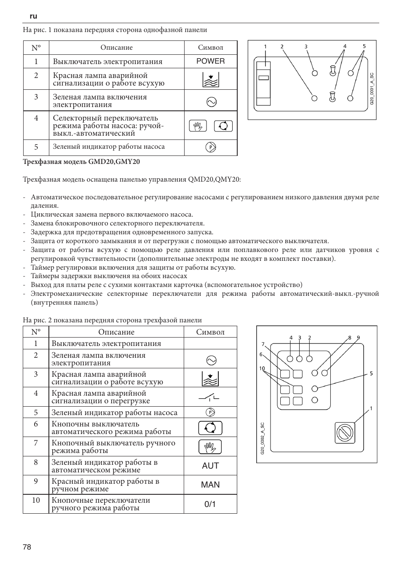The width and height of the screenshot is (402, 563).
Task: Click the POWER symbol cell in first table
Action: pos(210,61)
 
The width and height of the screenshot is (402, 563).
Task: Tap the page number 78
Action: pos(27,547)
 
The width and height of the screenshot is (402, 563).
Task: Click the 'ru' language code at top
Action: pos(34,16)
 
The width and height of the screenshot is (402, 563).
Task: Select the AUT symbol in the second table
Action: pos(210,466)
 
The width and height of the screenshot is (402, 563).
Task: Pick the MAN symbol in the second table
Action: pos(210,485)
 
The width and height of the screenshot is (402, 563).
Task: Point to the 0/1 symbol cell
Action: pos(210,504)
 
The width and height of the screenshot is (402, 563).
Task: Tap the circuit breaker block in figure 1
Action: pos(264,83)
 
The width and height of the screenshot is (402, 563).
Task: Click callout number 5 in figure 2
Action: pos(371,373)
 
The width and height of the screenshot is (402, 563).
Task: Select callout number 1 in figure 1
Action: pos(265,46)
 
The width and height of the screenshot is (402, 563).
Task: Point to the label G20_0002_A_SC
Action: pos(262,438)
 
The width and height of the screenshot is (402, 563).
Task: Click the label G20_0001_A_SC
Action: pos(372,89)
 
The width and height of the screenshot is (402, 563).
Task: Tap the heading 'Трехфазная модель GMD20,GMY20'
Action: pos(81,161)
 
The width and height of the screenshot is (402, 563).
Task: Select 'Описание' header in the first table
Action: pos(116,48)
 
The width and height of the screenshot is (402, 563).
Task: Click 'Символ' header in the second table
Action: pos(210,332)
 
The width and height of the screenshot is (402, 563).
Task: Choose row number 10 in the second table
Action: pos(36,500)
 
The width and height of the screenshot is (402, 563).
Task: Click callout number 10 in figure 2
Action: pos(262,368)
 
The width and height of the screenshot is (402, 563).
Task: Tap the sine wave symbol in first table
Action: pos(210,102)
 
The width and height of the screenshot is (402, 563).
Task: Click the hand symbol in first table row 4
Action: pos(198,126)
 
